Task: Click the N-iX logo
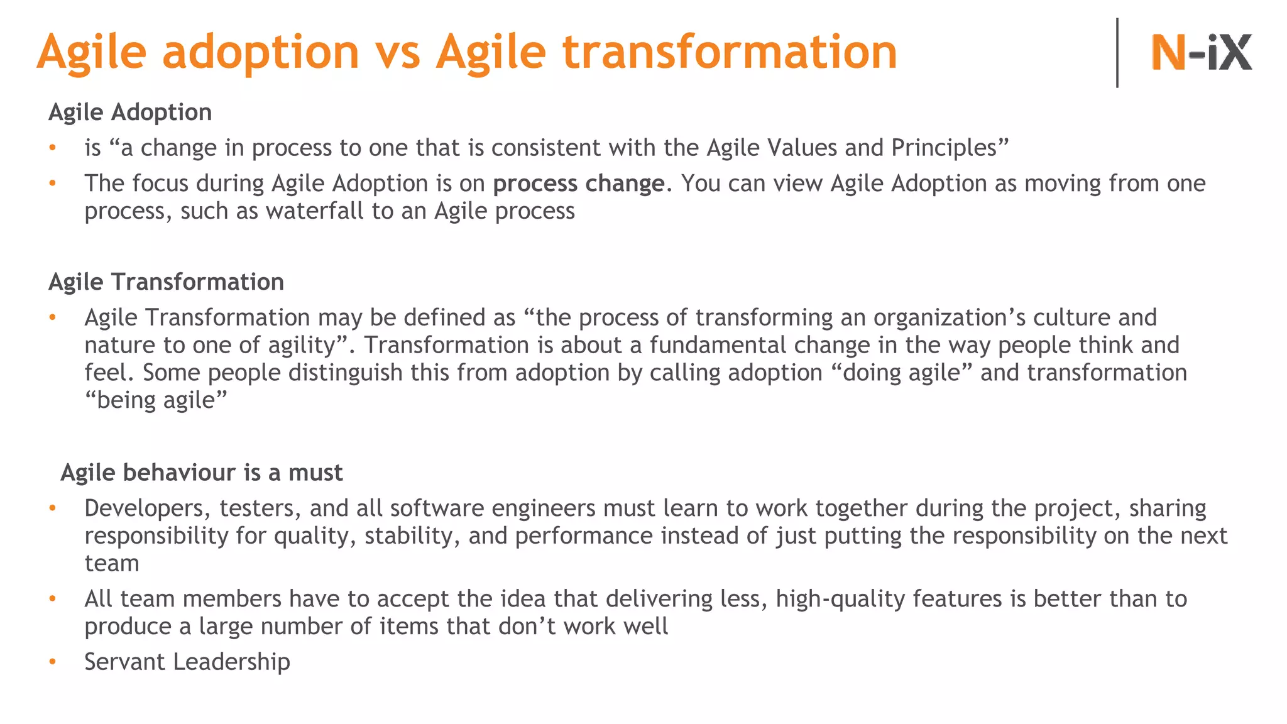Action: (1200, 52)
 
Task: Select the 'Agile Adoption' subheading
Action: (130, 112)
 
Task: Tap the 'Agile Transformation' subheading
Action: (166, 282)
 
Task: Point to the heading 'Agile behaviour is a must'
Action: (201, 473)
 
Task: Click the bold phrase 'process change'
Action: (578, 184)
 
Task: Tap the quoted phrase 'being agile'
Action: (156, 400)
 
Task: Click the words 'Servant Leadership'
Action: (187, 662)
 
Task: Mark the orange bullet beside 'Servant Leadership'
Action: (53, 662)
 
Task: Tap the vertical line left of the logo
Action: (1117, 53)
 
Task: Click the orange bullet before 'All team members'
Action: (53, 599)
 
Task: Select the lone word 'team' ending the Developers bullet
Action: (111, 564)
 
